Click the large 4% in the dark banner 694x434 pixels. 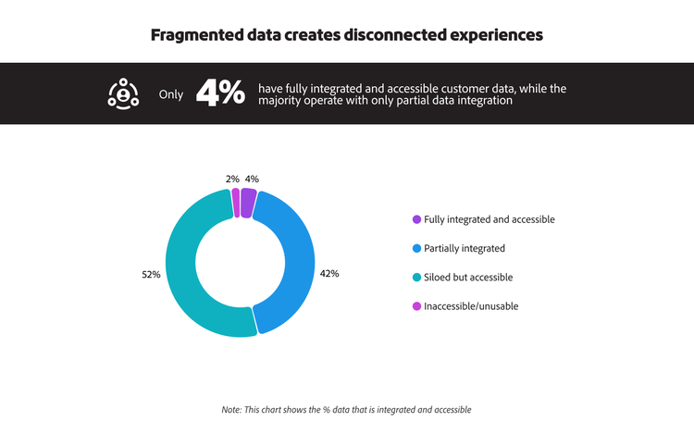tap(220, 93)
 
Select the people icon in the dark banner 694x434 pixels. tap(123, 93)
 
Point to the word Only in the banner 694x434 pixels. tap(171, 94)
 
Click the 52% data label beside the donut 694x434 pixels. tap(152, 275)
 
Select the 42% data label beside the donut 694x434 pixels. tap(329, 273)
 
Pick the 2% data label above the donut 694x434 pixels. tap(232, 179)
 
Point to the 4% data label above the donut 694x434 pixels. tap(252, 179)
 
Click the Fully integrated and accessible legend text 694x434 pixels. tap(489, 219)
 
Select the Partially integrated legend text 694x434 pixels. tap(465, 248)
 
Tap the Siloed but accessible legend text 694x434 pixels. tap(467, 277)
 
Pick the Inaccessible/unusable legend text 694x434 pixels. tap(470, 305)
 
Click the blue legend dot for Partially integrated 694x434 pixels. tap(416, 248)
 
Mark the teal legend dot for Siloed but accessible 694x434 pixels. tap(416, 277)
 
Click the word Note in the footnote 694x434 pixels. tap(231, 409)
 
